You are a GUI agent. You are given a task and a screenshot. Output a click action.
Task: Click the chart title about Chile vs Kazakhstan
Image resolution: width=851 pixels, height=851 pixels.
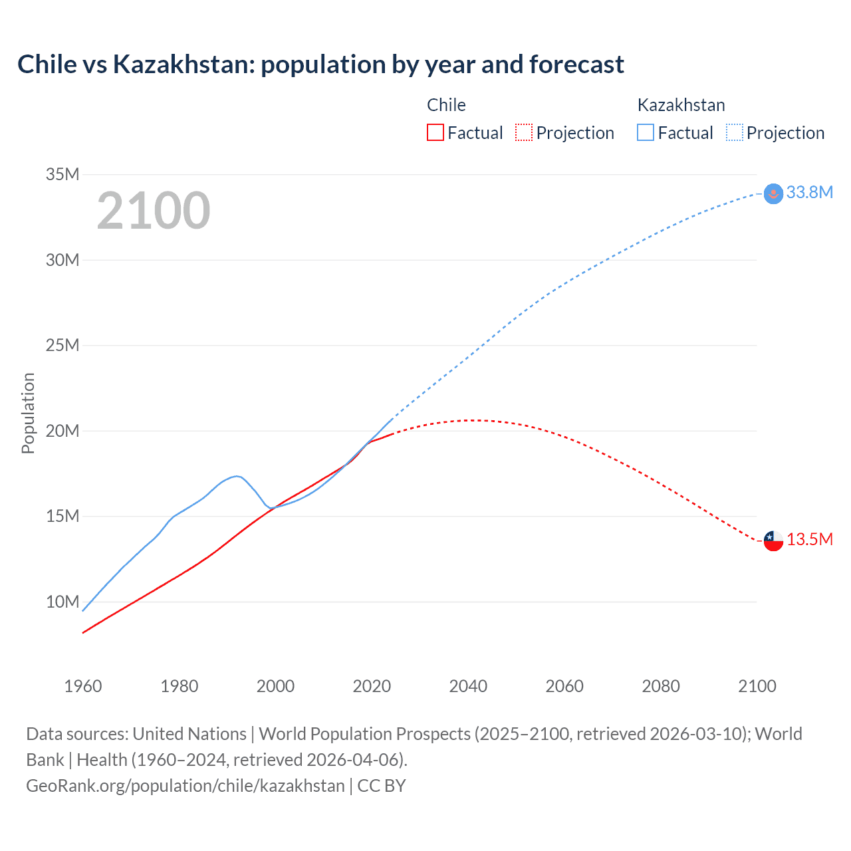pyautogui.click(x=320, y=64)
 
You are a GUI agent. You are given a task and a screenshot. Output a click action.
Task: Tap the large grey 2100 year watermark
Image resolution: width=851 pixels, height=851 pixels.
pyautogui.click(x=154, y=211)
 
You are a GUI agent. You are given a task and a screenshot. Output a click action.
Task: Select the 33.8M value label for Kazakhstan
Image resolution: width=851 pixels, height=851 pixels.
pyautogui.click(x=809, y=193)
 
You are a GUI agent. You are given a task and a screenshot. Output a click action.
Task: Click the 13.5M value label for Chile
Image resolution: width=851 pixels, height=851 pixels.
pyautogui.click(x=809, y=539)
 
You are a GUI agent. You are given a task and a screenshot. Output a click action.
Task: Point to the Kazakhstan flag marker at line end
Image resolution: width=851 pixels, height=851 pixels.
pyautogui.click(x=773, y=193)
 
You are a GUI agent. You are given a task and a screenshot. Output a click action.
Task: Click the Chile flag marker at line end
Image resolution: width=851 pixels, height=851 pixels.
pyautogui.click(x=773, y=541)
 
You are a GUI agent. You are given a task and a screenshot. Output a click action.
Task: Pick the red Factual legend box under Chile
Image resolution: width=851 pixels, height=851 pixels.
pyautogui.click(x=435, y=133)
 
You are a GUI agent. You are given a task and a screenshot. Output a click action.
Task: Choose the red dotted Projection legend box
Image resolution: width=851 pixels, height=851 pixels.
pyautogui.click(x=524, y=133)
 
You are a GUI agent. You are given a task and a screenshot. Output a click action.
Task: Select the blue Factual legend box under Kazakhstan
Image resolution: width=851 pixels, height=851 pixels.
pyautogui.click(x=645, y=133)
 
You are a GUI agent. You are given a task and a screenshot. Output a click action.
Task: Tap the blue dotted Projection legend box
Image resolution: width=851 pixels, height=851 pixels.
pyautogui.click(x=735, y=133)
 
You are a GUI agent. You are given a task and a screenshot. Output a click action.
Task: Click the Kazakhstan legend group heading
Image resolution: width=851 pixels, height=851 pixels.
pyautogui.click(x=681, y=105)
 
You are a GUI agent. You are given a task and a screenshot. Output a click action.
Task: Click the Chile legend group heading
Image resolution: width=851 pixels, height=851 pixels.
pyautogui.click(x=446, y=105)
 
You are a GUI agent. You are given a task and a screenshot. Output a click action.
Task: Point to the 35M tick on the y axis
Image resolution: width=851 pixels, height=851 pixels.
pyautogui.click(x=62, y=175)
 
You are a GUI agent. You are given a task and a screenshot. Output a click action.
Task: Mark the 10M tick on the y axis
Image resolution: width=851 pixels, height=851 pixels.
pyautogui.click(x=62, y=602)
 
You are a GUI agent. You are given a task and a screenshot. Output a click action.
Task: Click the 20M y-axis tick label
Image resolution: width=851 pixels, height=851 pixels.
pyautogui.click(x=62, y=431)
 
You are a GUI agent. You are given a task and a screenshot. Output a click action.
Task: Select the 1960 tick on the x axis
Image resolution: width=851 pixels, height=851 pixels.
pyautogui.click(x=83, y=686)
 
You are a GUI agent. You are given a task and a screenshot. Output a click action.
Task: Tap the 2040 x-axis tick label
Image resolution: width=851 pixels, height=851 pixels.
pyautogui.click(x=468, y=686)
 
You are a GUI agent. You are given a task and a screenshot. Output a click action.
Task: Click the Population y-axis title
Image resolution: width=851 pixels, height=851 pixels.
pyautogui.click(x=28, y=413)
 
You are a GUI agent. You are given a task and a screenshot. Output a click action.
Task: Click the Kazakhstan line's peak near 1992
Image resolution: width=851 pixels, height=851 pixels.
pyautogui.click(x=237, y=476)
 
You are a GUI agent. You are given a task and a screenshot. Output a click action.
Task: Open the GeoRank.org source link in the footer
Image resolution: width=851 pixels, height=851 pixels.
pyautogui.click(x=185, y=786)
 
